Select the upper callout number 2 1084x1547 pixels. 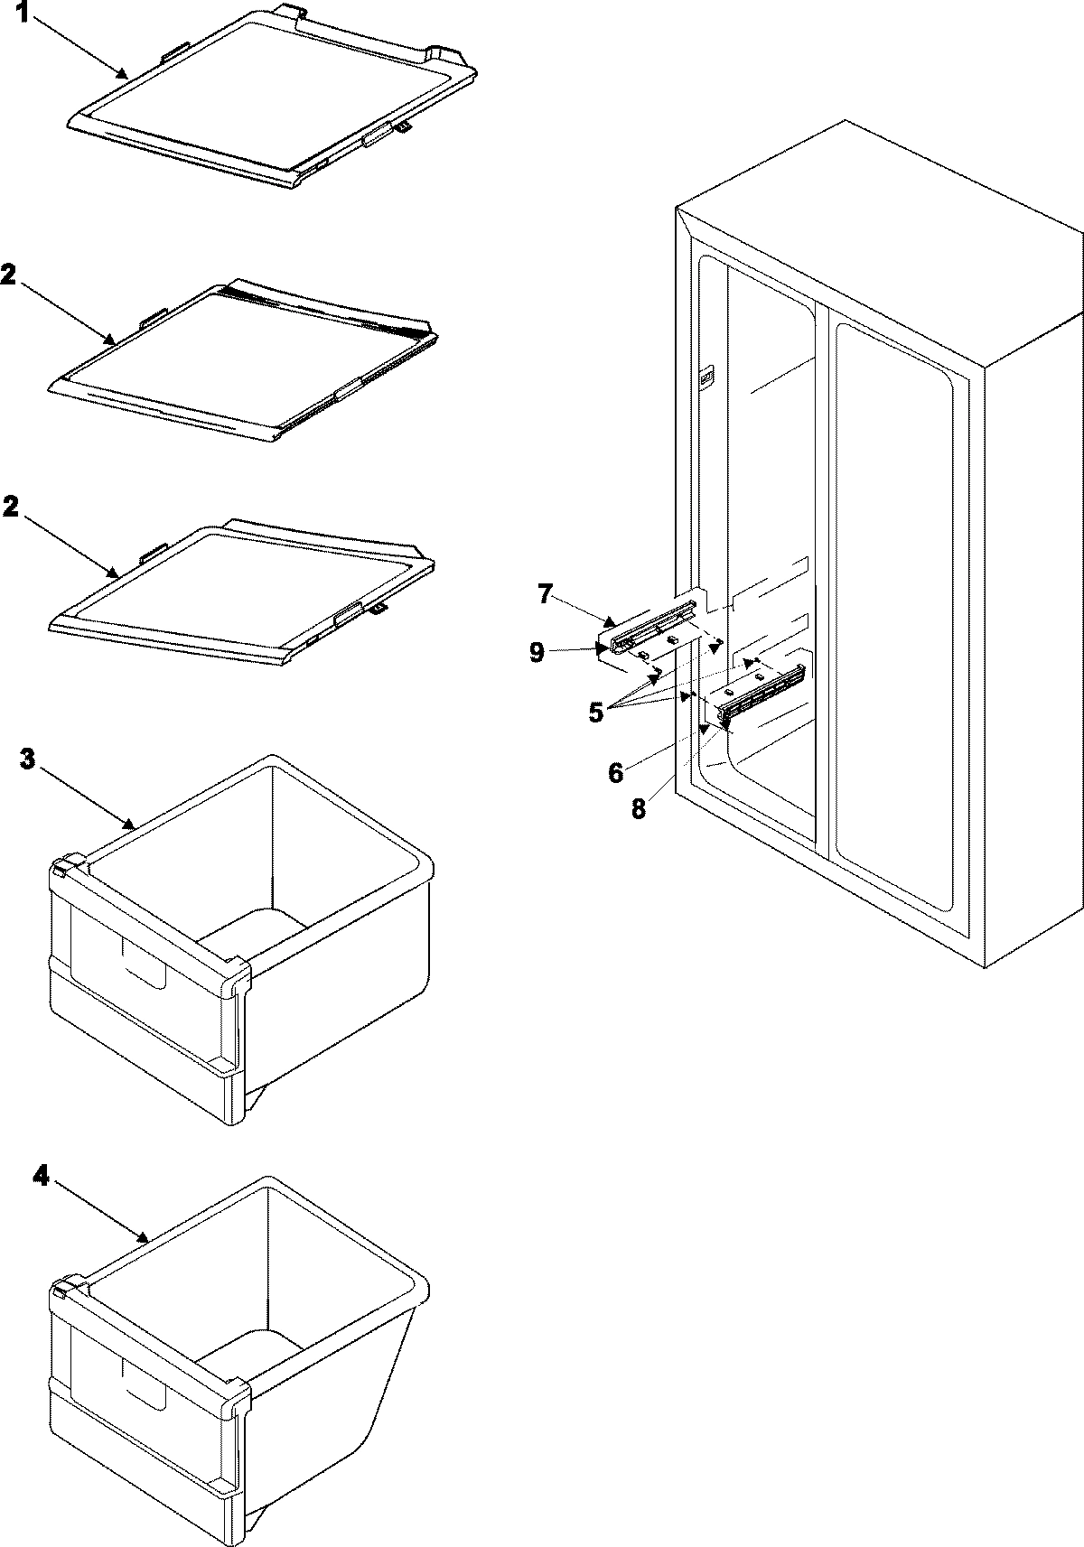coord(7,276)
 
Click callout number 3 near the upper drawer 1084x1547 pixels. coord(28,760)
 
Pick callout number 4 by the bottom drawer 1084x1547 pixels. coord(39,1175)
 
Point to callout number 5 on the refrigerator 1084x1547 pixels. coord(596,712)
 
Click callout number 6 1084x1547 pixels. coord(615,772)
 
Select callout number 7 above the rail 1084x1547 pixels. coord(544,593)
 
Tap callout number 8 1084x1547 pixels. coord(639,808)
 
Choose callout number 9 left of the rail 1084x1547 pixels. coord(537,652)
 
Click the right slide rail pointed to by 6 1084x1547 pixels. coord(763,692)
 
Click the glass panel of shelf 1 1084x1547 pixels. coord(271,99)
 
